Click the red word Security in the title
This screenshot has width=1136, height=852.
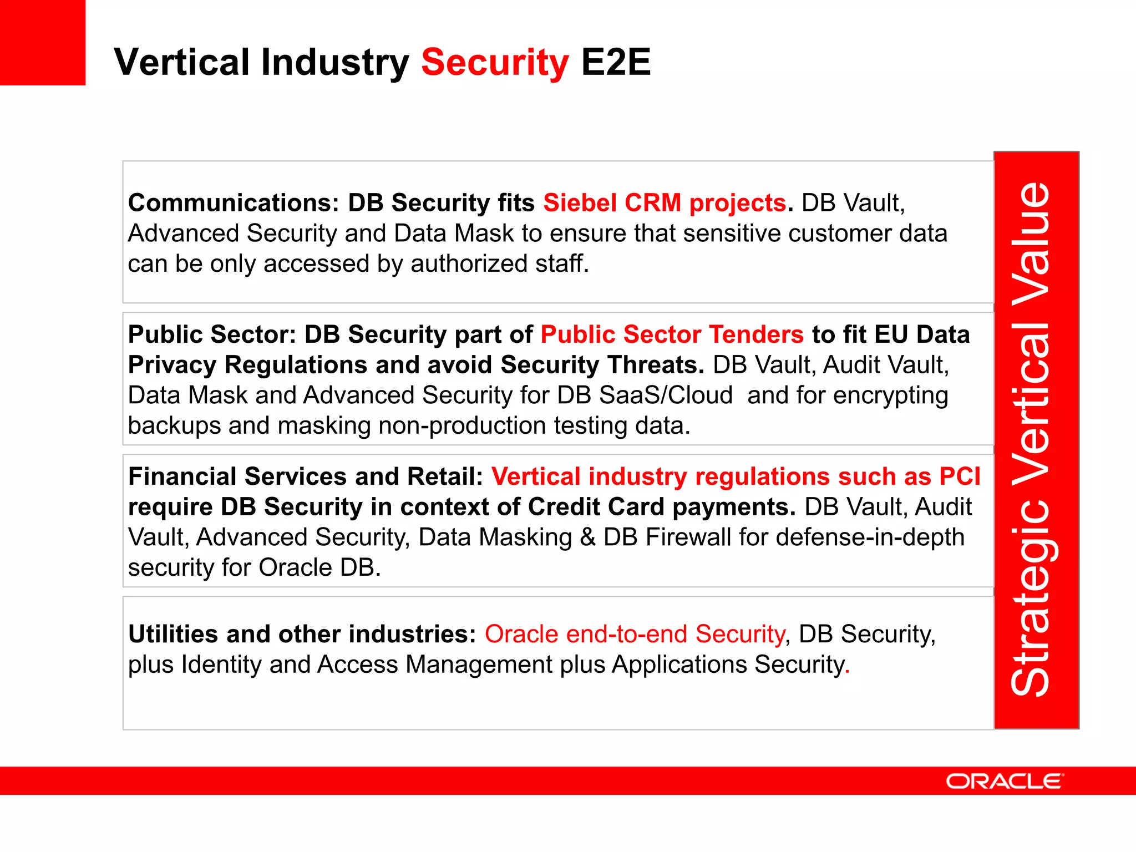click(x=495, y=63)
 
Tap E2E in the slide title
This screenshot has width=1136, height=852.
click(x=616, y=62)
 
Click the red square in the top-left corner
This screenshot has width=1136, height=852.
click(x=42, y=42)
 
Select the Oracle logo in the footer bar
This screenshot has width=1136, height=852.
click(x=1004, y=781)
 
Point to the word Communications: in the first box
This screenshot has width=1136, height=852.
click(x=234, y=203)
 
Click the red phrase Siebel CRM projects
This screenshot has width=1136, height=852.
click(x=665, y=203)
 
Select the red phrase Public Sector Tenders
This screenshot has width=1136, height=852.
click(x=672, y=334)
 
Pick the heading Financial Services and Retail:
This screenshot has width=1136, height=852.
click(x=306, y=476)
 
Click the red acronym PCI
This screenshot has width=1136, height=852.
click(x=960, y=476)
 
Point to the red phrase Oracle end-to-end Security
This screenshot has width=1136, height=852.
click(x=635, y=634)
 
